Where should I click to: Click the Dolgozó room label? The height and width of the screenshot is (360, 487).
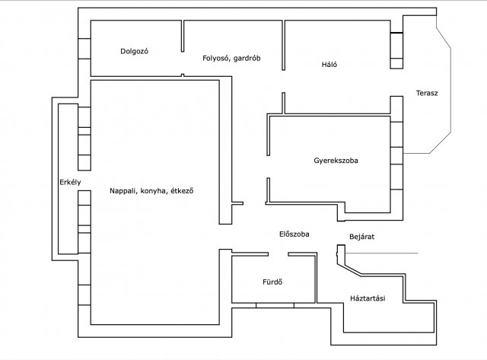(x=134, y=51)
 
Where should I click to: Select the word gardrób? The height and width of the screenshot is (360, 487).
(x=247, y=58)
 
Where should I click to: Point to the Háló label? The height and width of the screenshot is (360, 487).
(x=329, y=65)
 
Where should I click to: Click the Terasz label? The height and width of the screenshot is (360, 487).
(x=427, y=93)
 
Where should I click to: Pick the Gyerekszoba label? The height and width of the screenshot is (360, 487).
(x=336, y=161)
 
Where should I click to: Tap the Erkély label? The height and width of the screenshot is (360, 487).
(x=70, y=183)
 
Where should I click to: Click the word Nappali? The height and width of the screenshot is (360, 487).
(x=123, y=191)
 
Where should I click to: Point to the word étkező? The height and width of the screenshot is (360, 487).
(x=182, y=191)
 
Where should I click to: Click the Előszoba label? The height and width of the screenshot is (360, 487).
(x=294, y=234)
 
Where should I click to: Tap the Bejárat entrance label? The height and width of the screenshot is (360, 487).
(x=362, y=237)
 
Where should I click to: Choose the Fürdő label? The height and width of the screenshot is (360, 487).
(x=272, y=282)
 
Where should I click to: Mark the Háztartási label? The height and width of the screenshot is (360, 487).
(x=368, y=298)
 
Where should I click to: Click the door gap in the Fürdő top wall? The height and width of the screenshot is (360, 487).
(x=279, y=254)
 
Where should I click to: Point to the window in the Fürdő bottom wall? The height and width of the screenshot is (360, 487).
(x=275, y=306)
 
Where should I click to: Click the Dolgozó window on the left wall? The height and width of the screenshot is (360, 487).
(x=84, y=49)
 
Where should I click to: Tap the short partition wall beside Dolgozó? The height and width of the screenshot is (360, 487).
(x=183, y=36)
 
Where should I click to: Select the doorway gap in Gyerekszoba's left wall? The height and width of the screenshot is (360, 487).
(x=268, y=167)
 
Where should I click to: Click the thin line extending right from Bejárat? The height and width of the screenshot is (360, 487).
(x=381, y=253)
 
